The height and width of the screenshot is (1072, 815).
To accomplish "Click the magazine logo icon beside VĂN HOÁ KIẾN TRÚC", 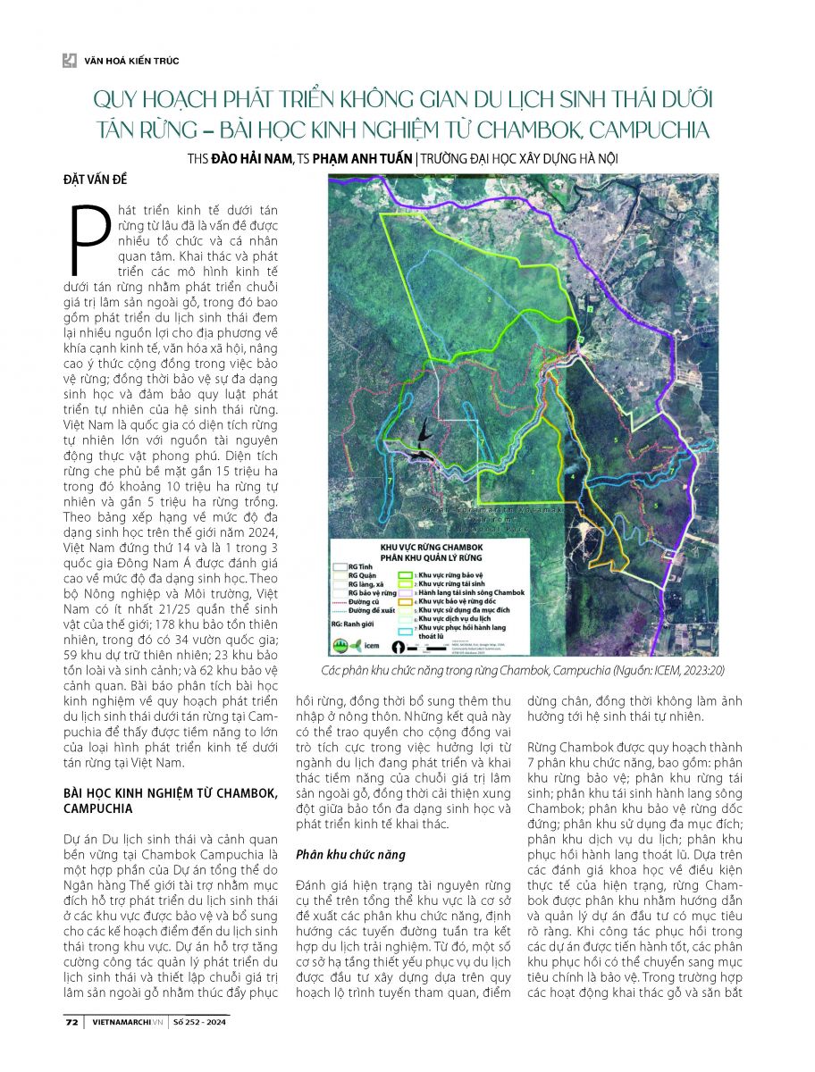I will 69,61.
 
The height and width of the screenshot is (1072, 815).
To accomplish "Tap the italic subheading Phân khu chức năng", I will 350,854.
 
